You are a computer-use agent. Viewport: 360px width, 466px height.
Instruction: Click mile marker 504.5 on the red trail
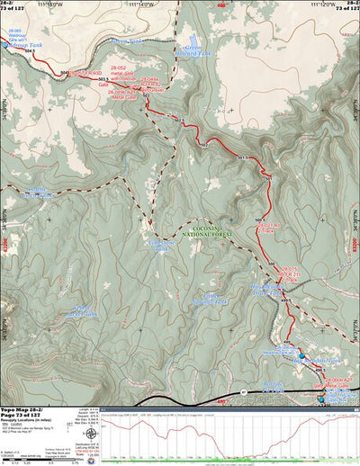[31, 52]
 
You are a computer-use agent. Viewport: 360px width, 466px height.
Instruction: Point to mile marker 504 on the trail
[65, 70]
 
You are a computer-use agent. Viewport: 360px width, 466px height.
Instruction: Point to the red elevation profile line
[225, 430]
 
